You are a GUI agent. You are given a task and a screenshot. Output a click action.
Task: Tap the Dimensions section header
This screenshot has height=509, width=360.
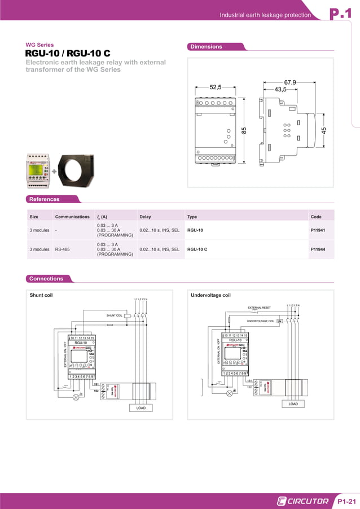[207, 47]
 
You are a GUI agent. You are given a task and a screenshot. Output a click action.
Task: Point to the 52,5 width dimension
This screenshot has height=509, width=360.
[216, 87]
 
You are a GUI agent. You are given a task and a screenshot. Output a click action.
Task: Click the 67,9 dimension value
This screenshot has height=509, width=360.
[290, 82]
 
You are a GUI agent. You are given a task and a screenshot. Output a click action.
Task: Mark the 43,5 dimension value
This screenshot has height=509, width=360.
[280, 89]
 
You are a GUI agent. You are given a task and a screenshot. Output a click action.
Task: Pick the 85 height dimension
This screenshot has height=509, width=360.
[244, 130]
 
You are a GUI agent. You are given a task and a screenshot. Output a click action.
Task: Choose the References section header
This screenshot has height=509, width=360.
[45, 199]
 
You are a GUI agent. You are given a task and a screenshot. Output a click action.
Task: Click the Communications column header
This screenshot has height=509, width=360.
[72, 217]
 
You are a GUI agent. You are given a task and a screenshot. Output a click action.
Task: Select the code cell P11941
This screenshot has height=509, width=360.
[318, 230]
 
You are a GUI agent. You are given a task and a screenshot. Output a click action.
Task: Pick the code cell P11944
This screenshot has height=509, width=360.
[318, 249]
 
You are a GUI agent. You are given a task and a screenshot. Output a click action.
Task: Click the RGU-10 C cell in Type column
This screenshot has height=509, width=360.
[197, 249]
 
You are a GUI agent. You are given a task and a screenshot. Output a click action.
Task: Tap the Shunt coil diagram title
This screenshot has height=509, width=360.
[41, 295]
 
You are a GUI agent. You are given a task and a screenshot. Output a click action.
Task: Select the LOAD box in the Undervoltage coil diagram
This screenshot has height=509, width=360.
[293, 404]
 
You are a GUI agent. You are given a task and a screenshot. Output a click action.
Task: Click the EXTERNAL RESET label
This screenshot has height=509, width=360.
[260, 308]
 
